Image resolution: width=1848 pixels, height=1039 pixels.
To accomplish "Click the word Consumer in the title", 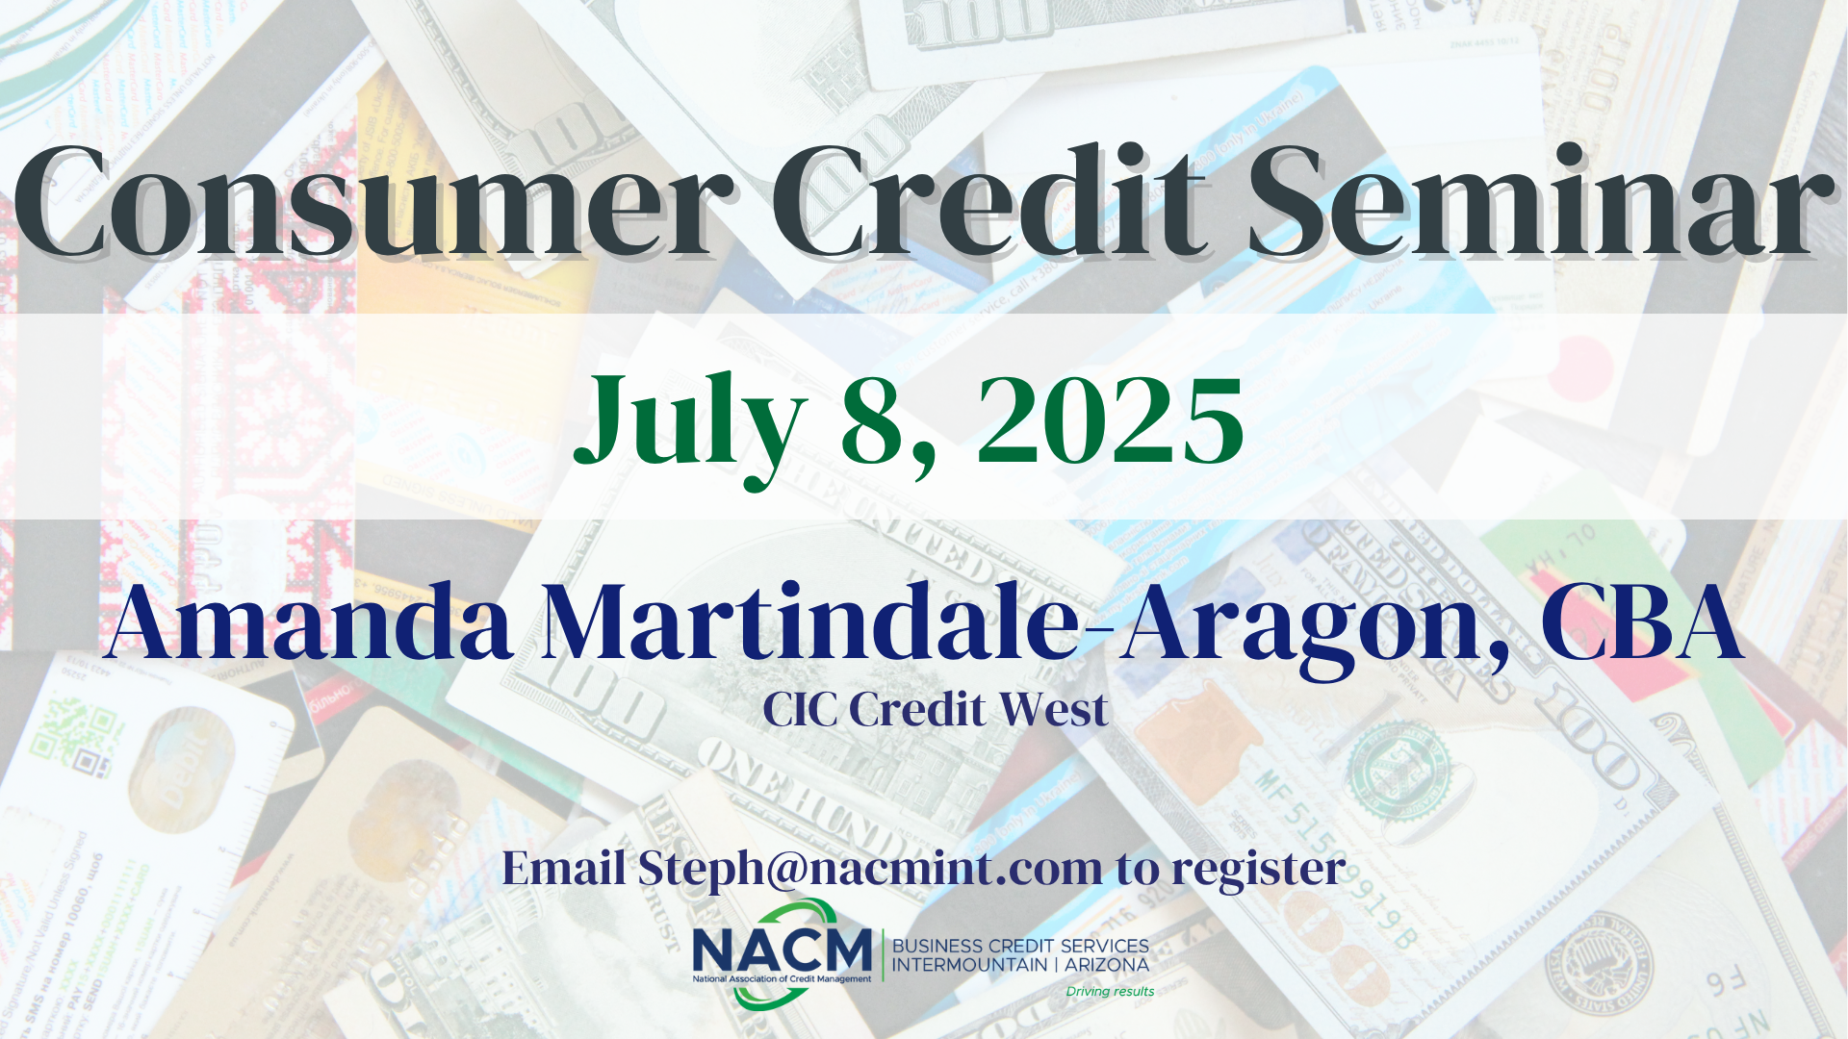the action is [372, 201].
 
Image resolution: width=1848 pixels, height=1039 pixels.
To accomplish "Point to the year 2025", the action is [1111, 421].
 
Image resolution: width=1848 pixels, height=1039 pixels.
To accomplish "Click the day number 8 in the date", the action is [875, 421].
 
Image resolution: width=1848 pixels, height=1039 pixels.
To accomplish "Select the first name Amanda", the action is [310, 622].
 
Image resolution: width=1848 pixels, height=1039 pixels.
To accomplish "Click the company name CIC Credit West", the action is [936, 710].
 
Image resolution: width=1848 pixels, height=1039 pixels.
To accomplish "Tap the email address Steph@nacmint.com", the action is [870, 869].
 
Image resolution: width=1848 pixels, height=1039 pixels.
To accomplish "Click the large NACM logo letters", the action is [782, 950].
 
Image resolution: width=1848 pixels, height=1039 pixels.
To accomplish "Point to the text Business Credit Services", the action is [1020, 946].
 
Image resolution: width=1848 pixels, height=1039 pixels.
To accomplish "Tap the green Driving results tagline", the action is [1110, 991].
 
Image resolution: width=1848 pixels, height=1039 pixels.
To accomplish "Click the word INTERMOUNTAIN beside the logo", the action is [969, 965].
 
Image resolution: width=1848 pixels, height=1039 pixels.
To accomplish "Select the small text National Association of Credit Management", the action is [782, 979].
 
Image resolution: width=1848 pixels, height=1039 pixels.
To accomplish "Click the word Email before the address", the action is [564, 869].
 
